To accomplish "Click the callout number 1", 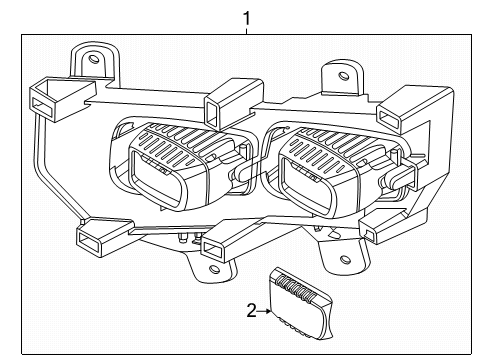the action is [x=246, y=19].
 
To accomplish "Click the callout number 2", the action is [x=252, y=311].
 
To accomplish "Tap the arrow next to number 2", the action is [x=264, y=311].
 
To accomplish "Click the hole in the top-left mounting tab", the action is [x=94, y=59].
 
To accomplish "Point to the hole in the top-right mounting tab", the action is [x=343, y=76].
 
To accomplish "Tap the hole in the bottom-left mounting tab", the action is [x=213, y=269].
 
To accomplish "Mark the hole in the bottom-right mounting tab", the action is [x=345, y=259].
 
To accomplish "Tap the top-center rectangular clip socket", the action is [x=214, y=112].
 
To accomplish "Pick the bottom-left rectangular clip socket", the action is [x=90, y=241].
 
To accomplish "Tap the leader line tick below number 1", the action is [x=246, y=31].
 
